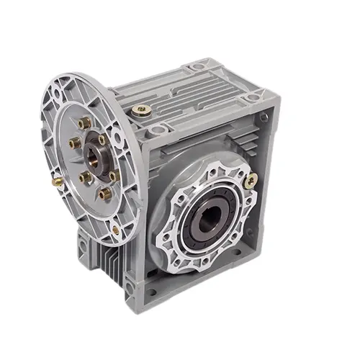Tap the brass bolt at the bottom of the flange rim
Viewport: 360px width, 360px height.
pyautogui.click(x=115, y=230)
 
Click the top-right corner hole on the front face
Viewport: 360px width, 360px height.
pyautogui.click(x=264, y=116)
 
